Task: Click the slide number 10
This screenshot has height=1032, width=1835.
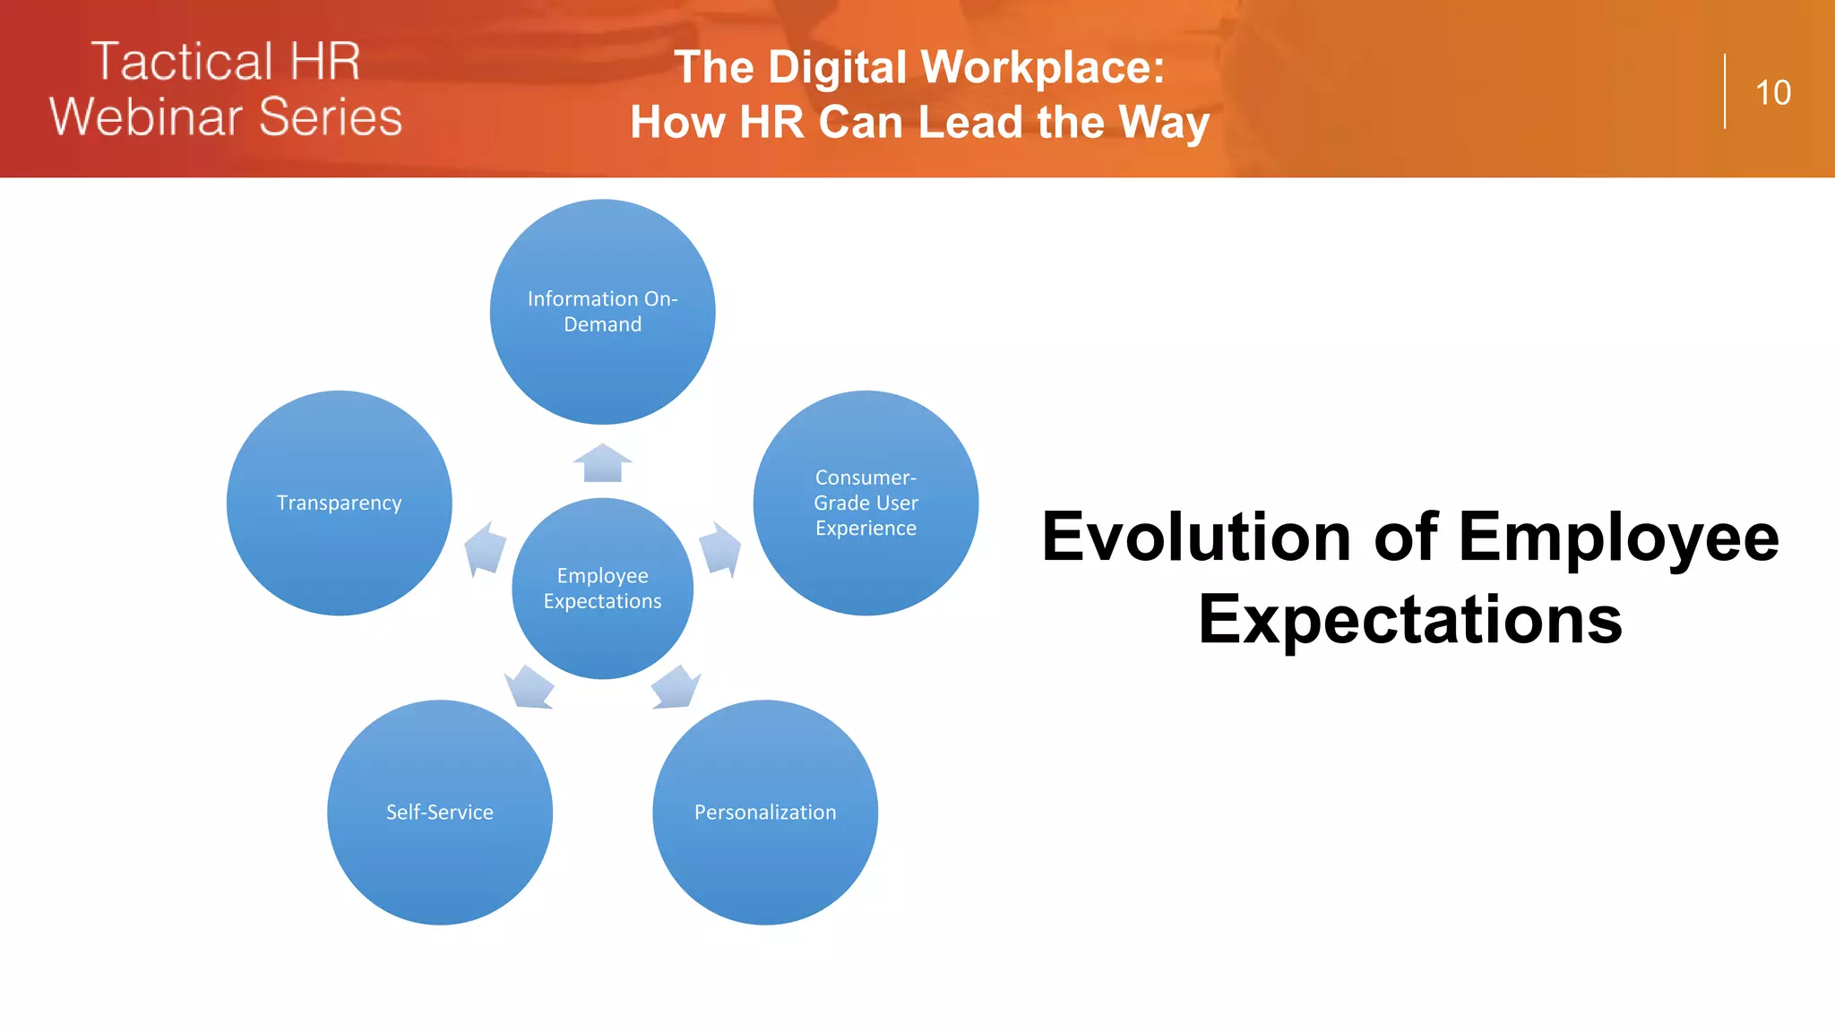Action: [1772, 93]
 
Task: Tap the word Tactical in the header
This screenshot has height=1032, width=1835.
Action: [181, 62]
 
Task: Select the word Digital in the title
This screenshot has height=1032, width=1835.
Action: [838, 67]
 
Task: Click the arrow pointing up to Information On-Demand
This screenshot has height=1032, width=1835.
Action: [602, 463]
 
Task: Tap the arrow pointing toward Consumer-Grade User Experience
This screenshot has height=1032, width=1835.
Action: [719, 547]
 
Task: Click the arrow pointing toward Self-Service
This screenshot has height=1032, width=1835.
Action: [530, 687]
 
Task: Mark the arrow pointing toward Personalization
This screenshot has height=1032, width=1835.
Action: [675, 687]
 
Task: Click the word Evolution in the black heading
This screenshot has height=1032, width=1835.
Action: [1196, 537]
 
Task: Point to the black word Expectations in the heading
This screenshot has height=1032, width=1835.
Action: [1410, 620]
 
